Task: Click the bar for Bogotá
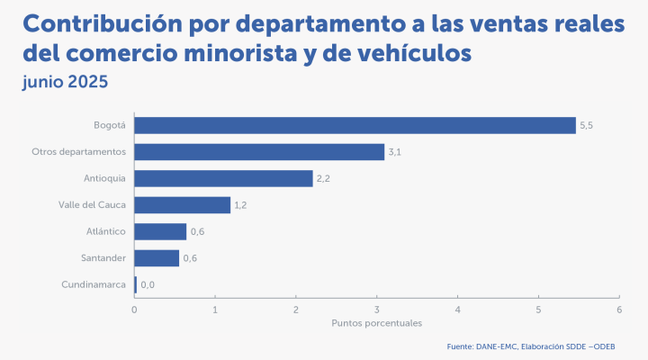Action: (x=355, y=125)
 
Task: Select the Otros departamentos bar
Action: (x=259, y=152)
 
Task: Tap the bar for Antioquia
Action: (x=223, y=178)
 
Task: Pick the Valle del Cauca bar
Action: (x=183, y=205)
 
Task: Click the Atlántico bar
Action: (x=160, y=231)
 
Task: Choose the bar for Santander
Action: (x=157, y=258)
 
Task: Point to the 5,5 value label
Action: (x=586, y=125)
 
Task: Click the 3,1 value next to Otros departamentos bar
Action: (x=394, y=152)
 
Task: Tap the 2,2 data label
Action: (x=323, y=178)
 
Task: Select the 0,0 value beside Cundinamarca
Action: (x=148, y=285)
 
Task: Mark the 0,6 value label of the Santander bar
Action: (x=190, y=258)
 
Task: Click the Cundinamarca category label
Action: (x=94, y=285)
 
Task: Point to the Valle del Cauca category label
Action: (x=92, y=205)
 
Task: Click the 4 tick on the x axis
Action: (x=458, y=310)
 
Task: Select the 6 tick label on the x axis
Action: (x=619, y=310)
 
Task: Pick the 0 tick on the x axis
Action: (x=134, y=310)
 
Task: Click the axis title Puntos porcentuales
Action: (x=376, y=323)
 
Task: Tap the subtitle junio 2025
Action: (x=65, y=82)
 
